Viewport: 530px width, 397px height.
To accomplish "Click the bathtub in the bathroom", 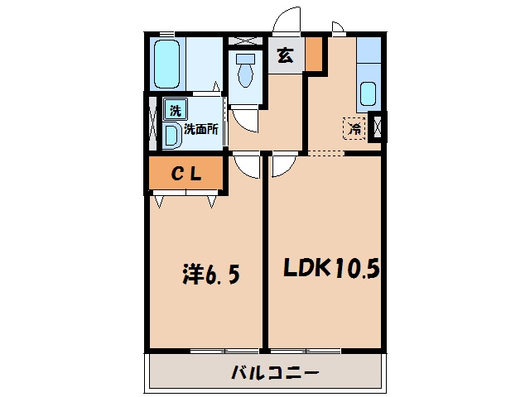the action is click(166, 65).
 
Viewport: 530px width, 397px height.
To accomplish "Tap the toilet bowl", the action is click(246, 75).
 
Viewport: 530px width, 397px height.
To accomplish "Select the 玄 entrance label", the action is click(285, 56).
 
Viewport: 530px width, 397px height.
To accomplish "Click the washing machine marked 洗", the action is click(176, 110).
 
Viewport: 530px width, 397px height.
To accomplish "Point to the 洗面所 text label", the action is click(200, 129).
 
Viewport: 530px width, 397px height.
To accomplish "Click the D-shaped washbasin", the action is click(172, 136).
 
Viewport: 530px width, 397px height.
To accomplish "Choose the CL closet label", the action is click(186, 174).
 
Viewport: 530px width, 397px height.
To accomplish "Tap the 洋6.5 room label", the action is click(211, 274).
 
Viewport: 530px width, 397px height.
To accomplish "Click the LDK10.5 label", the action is click(331, 269).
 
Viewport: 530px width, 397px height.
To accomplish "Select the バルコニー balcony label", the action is click(275, 373).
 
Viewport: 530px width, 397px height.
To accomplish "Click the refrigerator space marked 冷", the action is click(354, 128).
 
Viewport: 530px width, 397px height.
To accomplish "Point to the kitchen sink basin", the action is click(368, 93).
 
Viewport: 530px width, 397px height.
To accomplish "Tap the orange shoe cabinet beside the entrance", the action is click(314, 54).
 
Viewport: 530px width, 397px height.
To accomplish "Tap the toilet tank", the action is click(246, 59).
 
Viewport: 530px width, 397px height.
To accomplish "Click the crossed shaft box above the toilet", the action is click(246, 41).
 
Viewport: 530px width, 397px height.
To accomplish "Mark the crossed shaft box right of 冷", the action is click(378, 127).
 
